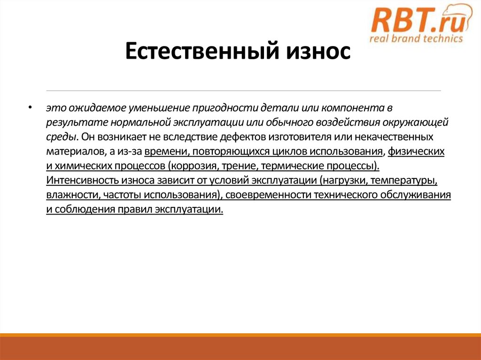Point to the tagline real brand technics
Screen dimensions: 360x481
[416, 39]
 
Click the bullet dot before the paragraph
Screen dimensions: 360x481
[30, 108]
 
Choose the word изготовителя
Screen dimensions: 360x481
[298, 138]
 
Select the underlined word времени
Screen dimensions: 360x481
[163, 152]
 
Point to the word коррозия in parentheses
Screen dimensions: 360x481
[193, 167]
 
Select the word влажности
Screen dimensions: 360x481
[69, 196]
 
